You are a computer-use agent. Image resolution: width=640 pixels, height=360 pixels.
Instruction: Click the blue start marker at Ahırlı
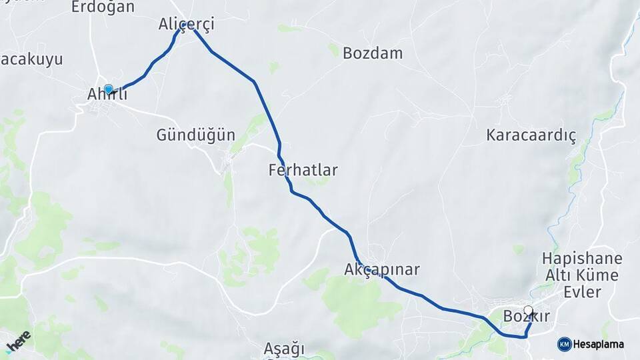click(x=109, y=89)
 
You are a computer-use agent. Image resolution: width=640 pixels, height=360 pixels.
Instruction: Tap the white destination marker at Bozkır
click(x=529, y=310)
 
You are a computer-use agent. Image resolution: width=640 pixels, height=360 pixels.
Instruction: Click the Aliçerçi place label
click(x=186, y=25)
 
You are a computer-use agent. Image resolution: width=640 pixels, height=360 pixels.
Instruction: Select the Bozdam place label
click(x=373, y=53)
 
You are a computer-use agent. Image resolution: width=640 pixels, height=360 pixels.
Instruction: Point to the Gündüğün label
click(x=195, y=135)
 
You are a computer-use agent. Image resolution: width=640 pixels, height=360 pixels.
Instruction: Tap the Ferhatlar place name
click(x=303, y=170)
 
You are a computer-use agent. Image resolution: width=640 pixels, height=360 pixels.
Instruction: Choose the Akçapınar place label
click(x=382, y=270)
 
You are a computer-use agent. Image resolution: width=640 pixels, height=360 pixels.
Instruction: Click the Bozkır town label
click(x=527, y=317)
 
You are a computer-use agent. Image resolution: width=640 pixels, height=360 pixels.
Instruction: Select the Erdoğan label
click(x=103, y=7)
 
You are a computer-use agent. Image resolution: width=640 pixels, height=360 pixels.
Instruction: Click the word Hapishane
click(x=582, y=258)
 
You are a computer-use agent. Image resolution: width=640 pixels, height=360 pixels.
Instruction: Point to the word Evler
click(x=582, y=292)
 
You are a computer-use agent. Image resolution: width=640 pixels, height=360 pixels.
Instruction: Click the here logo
click(x=18, y=341)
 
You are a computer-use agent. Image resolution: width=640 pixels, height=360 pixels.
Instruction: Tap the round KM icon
click(x=563, y=344)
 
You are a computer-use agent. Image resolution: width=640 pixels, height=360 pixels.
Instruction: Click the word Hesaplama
click(x=598, y=344)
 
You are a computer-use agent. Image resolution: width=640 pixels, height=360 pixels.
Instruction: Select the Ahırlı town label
click(x=107, y=95)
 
